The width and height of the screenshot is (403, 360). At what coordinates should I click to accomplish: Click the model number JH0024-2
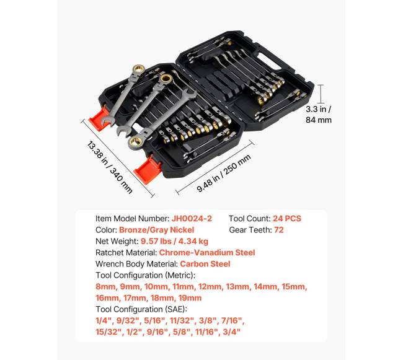[192, 219]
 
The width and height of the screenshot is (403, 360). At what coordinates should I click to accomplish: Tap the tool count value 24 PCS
[287, 219]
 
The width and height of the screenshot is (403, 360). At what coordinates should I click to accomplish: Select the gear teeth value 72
[279, 230]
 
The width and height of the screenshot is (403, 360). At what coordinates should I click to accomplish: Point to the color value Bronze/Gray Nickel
[156, 230]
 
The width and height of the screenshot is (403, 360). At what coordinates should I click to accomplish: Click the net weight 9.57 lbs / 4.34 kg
[174, 241]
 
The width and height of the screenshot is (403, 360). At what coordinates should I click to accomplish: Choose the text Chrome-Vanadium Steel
[207, 252]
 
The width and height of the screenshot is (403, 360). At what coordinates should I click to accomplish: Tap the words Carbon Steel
[205, 264]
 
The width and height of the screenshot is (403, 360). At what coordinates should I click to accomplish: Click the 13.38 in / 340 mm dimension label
[110, 167]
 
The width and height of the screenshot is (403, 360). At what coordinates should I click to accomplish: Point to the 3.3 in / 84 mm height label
[319, 115]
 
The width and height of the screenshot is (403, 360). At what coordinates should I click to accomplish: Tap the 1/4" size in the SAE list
[104, 321]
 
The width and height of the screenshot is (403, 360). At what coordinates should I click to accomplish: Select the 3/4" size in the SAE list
[231, 332]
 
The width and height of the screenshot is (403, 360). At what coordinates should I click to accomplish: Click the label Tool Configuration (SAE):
[141, 309]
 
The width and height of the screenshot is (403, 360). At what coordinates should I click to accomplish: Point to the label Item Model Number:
[132, 219]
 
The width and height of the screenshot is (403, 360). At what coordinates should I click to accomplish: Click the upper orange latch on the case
[100, 117]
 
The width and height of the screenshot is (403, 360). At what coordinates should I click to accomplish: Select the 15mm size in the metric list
[294, 286]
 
